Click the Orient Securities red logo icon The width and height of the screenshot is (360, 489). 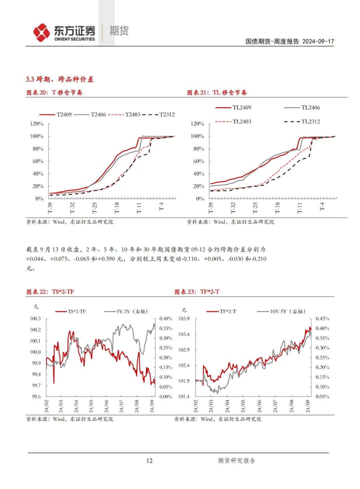[41, 33]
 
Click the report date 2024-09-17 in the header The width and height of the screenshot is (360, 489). [318, 41]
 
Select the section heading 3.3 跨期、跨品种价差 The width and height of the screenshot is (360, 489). [60, 79]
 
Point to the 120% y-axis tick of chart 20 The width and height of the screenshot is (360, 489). [37, 124]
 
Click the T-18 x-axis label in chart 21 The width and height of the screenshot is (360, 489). [277, 207]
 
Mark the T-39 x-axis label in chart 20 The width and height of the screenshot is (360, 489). [50, 207]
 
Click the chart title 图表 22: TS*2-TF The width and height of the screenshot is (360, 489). [50, 292]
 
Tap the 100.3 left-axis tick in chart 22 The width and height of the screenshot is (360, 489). [35, 319]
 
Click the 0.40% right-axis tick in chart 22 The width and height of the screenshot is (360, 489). [166, 319]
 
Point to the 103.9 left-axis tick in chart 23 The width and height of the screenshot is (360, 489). [184, 319]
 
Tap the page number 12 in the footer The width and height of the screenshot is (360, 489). [149, 461]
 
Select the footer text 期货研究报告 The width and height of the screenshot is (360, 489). [236, 461]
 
